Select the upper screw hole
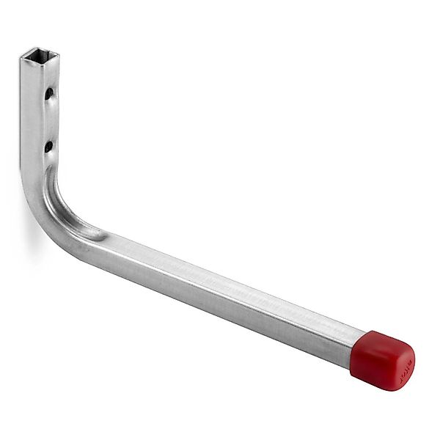(48, 94)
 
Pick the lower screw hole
(48, 146)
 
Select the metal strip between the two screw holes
(49, 120)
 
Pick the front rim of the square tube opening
(41, 63)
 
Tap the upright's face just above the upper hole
(49, 77)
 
